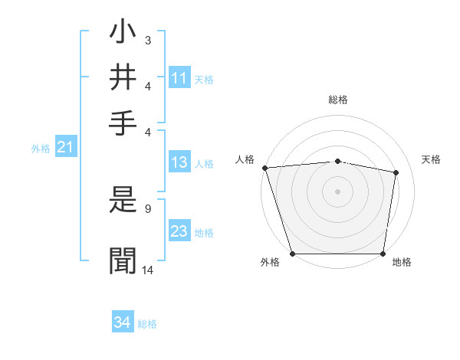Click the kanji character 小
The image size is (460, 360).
point(123,35)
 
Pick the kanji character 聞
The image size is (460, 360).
point(123,260)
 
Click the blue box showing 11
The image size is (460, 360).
point(179,78)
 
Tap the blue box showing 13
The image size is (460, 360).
point(179,162)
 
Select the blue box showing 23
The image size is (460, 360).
point(179,232)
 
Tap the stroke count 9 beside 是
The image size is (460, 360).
point(147,208)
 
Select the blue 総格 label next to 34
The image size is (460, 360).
point(147,324)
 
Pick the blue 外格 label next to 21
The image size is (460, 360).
point(41,149)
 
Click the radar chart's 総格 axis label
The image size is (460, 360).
point(338,100)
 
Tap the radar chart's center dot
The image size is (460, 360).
point(338,191)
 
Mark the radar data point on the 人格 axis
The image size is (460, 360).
point(264,168)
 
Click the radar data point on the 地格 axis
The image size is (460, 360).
point(383,254)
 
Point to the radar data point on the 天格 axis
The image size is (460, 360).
point(396,172)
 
